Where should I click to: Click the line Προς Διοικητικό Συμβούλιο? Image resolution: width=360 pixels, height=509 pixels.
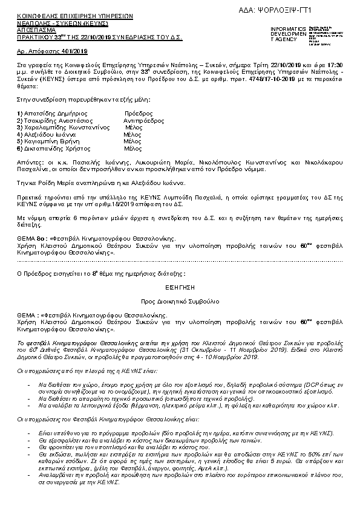coord(180,300)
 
